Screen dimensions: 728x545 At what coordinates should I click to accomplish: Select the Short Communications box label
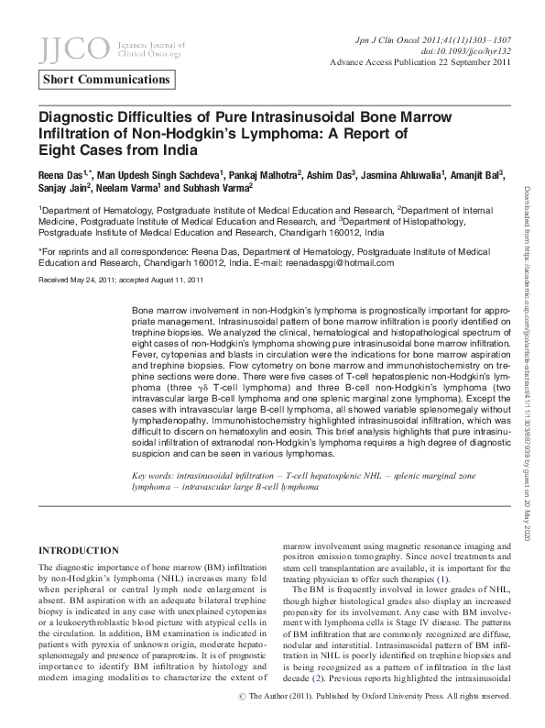pos(108,79)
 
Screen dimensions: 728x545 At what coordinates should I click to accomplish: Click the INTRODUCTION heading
pos(77,550)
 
